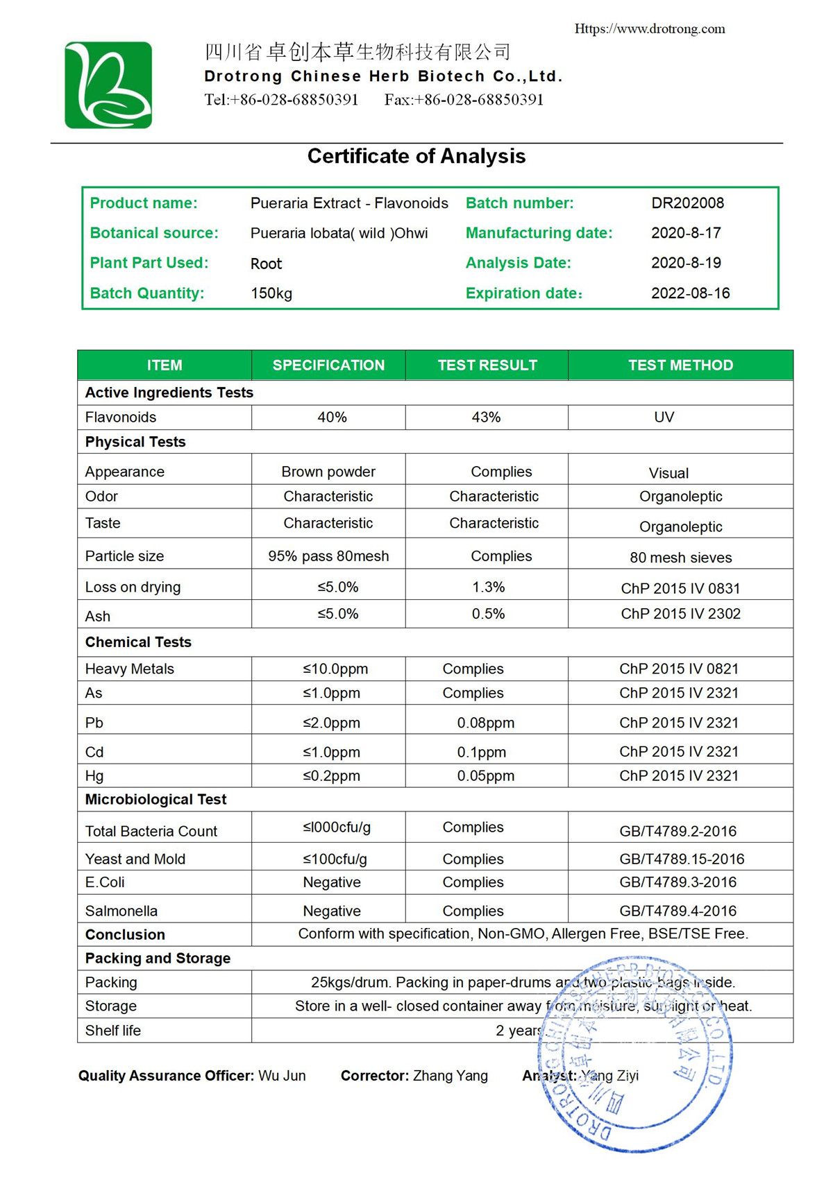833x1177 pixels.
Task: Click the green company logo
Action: click(108, 85)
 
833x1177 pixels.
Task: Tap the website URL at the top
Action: click(649, 29)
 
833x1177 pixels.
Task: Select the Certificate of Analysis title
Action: click(416, 156)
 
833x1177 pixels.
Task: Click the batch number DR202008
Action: click(687, 203)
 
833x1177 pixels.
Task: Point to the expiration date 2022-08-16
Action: click(690, 293)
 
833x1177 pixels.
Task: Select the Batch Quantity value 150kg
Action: click(271, 293)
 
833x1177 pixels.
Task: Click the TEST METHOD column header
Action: click(680, 366)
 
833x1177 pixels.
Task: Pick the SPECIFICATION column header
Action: click(328, 366)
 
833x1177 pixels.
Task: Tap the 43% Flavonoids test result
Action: click(486, 418)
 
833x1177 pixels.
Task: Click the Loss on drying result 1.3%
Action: click(488, 587)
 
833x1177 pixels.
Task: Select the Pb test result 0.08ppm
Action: click(485, 723)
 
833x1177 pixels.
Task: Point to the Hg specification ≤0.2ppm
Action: click(331, 776)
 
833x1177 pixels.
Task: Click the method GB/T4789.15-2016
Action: click(682, 859)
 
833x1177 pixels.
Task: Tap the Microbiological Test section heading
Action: click(155, 800)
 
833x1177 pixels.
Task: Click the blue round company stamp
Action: click(635, 1054)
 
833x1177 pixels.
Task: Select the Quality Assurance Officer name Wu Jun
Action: click(282, 1076)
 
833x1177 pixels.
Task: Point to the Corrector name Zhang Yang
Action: click(450, 1076)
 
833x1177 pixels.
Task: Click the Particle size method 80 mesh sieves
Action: click(680, 558)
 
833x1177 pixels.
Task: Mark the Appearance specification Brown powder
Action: click(328, 472)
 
